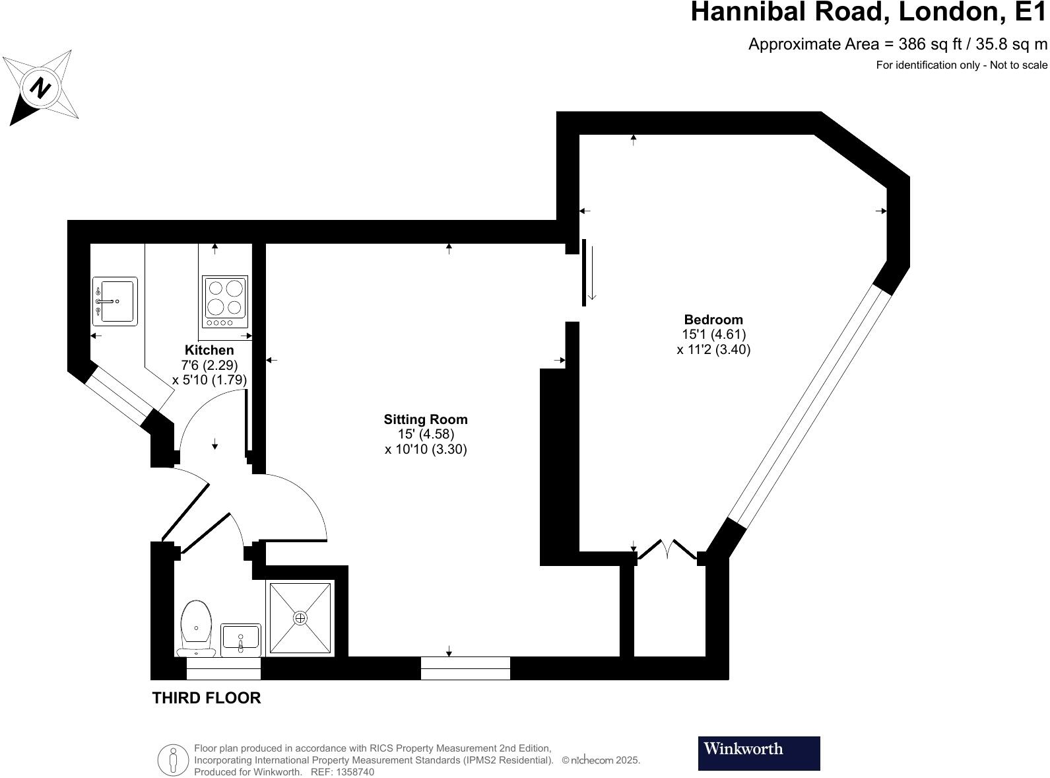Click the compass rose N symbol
coord(40,87)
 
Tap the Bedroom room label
coord(713,320)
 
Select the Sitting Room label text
coord(426,419)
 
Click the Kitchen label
coord(209,350)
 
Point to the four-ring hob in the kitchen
coord(225,301)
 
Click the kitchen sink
coord(115,301)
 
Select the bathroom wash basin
coord(240,639)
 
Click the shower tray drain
coord(300,618)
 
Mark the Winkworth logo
coord(758,753)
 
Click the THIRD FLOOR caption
coord(207,697)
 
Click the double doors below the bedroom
coord(667,549)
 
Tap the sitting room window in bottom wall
coord(465,668)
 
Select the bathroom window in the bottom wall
coord(223,668)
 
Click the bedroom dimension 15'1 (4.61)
coord(713,335)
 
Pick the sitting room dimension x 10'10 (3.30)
coord(426,450)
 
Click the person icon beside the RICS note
coord(174,760)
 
